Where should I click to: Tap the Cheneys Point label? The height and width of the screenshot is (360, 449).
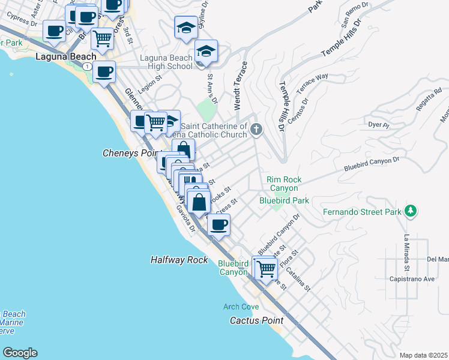[129, 153]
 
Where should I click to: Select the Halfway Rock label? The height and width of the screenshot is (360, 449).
[178, 260]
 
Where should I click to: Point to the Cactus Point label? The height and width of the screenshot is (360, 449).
[256, 320]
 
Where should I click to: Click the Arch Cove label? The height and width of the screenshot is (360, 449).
[241, 307]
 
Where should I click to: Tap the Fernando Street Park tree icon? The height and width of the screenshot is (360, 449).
[411, 211]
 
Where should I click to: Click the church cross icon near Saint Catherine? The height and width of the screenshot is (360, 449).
[256, 129]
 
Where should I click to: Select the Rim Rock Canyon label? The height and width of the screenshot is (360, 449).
[284, 184]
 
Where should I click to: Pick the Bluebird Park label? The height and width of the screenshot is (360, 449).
[284, 200]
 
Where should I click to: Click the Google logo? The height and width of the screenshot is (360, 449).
[19, 353]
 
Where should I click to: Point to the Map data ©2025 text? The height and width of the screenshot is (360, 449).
[424, 355]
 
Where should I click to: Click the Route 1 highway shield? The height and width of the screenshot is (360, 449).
[88, 65]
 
